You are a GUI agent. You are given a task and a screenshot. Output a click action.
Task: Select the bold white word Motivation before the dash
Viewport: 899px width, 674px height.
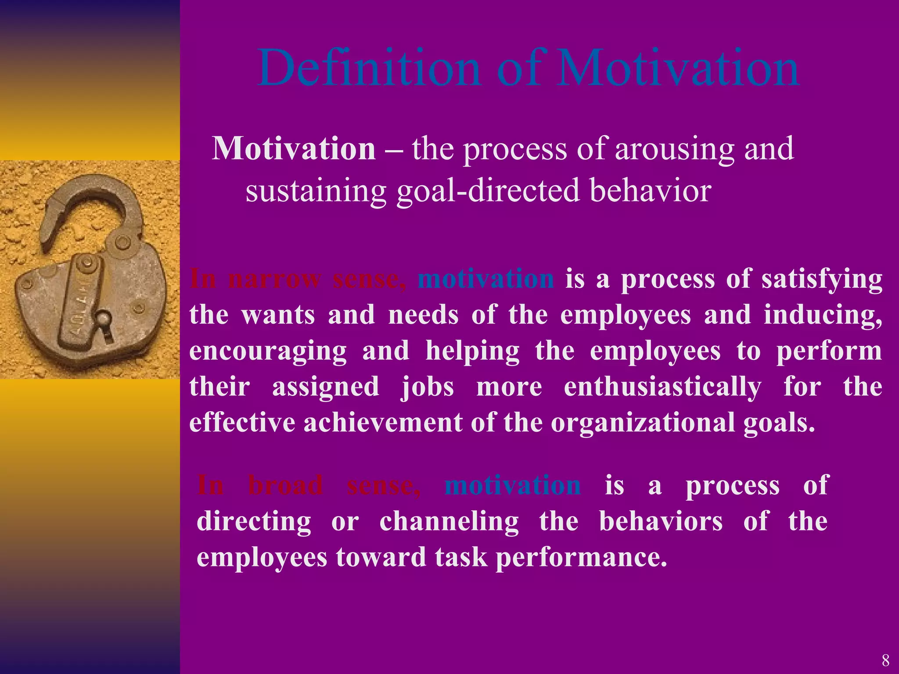coord(293,149)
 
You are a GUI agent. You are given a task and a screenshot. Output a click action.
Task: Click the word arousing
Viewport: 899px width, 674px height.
coord(674,149)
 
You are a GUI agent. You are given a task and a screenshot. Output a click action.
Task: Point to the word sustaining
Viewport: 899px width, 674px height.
coord(316,191)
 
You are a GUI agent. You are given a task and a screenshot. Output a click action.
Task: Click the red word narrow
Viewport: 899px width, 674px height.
coord(274,279)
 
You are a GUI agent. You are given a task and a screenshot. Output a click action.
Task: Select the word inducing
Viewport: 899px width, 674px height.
coord(823,315)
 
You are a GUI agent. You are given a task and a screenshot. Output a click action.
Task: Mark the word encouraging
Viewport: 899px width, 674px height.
coord(268,351)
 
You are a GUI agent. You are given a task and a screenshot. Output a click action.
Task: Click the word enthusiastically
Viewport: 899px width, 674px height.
coord(662,387)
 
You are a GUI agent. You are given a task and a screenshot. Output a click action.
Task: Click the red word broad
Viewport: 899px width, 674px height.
coord(285,485)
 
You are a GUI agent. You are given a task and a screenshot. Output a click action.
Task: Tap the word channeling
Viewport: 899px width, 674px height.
coord(449,521)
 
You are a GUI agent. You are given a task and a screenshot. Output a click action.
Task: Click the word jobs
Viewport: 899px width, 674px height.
coord(427,387)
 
